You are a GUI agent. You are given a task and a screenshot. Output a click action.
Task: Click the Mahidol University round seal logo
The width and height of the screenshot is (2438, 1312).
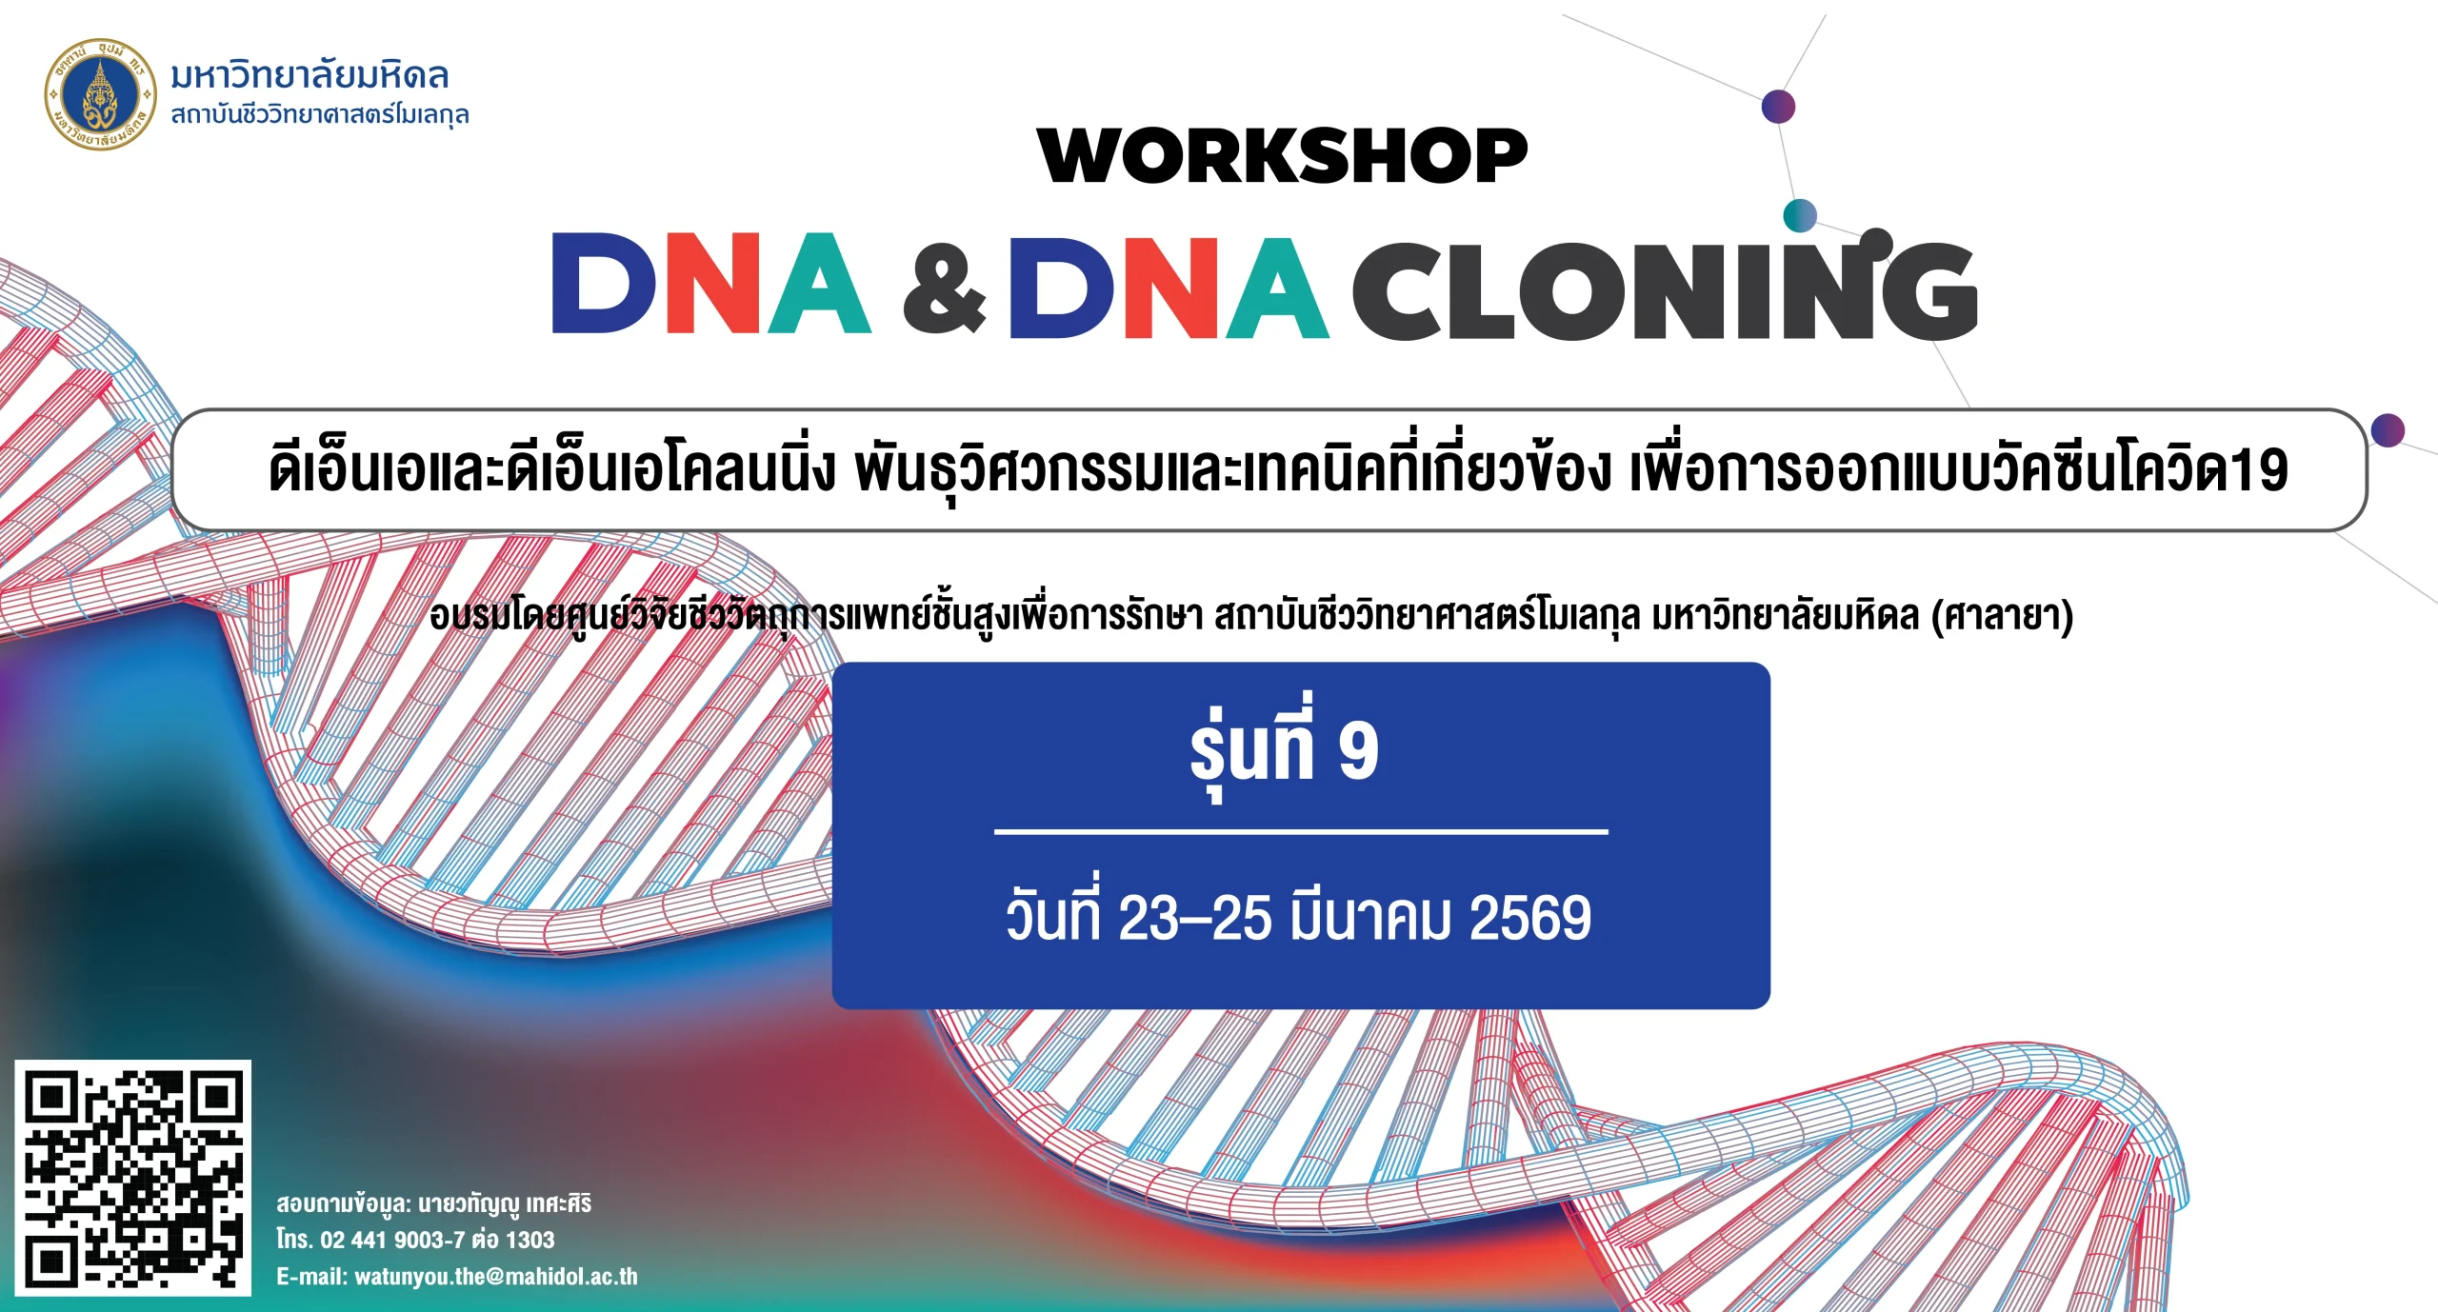(100, 95)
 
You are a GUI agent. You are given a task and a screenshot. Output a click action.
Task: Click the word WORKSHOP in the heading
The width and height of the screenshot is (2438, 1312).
(1283, 156)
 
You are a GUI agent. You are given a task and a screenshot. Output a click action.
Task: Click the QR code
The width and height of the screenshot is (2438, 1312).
(132, 1177)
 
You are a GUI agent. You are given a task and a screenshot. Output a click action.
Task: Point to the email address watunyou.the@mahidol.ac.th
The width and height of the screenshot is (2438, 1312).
(496, 1277)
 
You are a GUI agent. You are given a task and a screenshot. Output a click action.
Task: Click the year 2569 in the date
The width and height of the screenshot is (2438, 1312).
(1530, 918)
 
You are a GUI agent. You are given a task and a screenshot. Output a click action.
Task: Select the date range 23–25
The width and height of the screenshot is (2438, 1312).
(1194, 918)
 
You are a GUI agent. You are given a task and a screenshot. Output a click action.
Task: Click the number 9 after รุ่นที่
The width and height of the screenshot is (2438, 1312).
(1358, 751)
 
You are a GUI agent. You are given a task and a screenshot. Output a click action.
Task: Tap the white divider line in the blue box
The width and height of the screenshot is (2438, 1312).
(1301, 832)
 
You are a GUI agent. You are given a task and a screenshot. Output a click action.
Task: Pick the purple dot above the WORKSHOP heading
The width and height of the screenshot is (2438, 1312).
(1778, 107)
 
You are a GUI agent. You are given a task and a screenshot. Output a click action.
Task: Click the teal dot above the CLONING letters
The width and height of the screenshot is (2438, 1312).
(1799, 215)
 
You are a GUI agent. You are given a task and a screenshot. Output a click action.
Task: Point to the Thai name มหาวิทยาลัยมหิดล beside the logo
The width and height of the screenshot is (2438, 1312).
(310, 75)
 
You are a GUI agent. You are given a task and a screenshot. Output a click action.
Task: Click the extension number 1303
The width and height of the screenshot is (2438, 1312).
(530, 1240)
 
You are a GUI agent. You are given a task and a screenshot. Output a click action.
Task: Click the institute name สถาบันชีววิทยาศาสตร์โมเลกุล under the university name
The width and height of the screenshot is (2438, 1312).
(320, 115)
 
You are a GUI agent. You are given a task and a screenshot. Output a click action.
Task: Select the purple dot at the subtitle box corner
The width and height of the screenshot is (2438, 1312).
(2388, 430)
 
